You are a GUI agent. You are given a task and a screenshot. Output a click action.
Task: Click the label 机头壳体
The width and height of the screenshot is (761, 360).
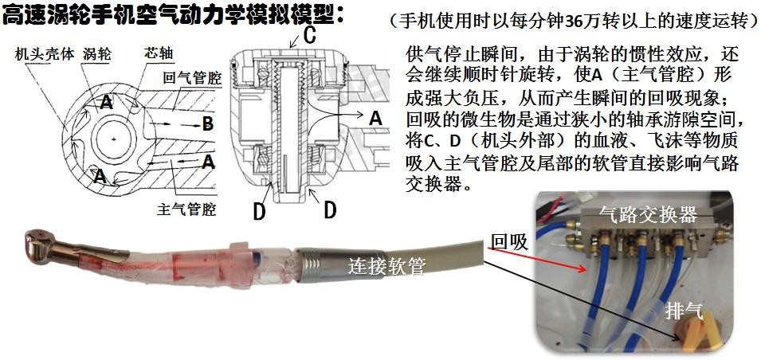44,54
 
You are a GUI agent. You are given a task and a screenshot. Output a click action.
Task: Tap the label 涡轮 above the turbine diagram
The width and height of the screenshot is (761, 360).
97,53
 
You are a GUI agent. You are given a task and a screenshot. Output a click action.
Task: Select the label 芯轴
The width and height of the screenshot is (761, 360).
159,53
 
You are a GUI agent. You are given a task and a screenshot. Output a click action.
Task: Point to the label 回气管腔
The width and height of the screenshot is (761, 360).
192,77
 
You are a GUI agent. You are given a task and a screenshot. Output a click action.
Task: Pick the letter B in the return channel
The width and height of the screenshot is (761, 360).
207,125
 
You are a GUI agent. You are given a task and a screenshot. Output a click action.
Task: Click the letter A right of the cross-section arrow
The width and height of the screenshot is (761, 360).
375,118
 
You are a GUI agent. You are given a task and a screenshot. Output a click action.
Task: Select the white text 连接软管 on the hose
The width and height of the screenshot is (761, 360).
386,265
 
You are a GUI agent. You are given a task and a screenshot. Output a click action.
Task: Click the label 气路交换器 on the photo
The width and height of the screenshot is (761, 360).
649,213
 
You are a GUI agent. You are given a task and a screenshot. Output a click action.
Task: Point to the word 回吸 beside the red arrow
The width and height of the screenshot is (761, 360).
510,241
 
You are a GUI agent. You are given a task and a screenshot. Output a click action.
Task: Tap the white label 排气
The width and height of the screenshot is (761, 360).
685,312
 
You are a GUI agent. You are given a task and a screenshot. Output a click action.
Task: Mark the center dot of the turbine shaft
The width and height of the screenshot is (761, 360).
114,140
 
